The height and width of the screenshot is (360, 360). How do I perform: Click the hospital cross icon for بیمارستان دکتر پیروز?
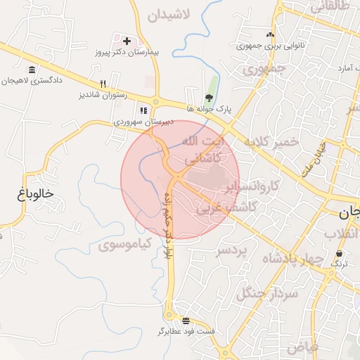click(x=127, y=41)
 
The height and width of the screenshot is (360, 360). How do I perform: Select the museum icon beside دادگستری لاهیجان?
click(x=32, y=70)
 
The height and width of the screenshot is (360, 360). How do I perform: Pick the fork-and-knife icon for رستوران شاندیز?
click(x=103, y=83)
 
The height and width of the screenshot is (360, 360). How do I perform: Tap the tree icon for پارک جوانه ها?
click(x=209, y=98)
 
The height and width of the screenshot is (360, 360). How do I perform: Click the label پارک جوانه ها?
click(x=209, y=109)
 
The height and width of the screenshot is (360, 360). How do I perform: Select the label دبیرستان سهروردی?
click(x=143, y=122)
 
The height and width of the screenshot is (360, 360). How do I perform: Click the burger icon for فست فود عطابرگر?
click(x=185, y=319)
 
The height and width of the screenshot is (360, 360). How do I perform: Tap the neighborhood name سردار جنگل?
click(x=266, y=294)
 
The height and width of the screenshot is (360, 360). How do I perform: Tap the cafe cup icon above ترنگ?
click(x=340, y=253)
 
